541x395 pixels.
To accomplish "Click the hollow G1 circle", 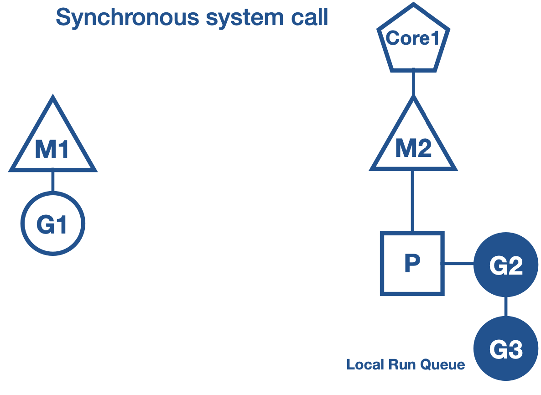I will [53, 224].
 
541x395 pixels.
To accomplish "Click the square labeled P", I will [412, 264].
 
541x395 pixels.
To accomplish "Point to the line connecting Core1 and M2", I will [413, 83].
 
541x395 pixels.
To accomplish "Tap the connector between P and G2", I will [458, 264].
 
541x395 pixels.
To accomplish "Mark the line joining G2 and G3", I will [506, 307].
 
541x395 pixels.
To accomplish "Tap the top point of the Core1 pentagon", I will [413, 5].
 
